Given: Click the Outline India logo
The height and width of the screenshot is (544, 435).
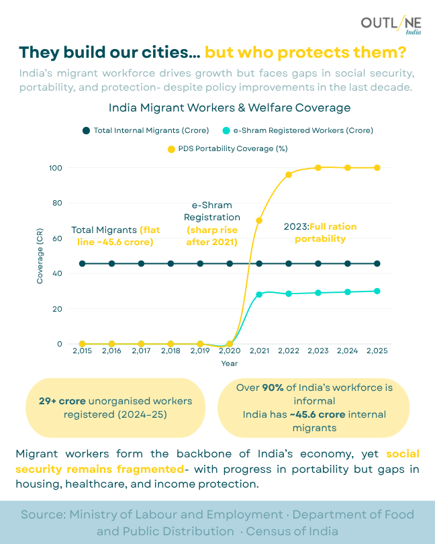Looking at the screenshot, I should click(391, 26).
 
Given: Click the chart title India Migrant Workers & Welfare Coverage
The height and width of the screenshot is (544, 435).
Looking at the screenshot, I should click(230, 107).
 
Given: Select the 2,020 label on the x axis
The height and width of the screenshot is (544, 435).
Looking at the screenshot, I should click(230, 351).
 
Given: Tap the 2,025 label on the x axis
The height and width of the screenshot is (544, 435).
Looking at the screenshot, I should click(377, 351).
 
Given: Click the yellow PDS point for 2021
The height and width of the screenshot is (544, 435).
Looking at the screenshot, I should click(259, 220).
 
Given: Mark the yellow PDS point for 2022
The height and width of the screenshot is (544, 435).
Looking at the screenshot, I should click(289, 175).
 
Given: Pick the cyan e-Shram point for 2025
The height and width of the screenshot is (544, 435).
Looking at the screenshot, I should click(377, 291).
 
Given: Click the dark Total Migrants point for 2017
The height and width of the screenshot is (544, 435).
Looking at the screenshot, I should click(141, 263).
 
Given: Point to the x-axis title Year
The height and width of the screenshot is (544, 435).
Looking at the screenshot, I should click(230, 363).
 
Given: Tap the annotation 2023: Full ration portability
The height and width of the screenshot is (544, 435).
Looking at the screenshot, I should click(320, 232).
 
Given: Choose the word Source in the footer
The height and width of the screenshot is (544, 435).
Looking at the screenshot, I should click(42, 515).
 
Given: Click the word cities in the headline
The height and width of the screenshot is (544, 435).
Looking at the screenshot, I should click(162, 52).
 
